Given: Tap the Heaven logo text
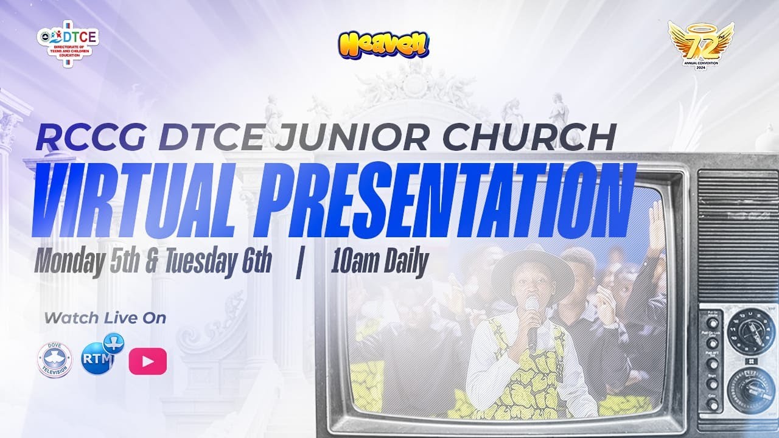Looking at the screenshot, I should (x=383, y=44).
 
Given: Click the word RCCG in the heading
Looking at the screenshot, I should (x=90, y=139).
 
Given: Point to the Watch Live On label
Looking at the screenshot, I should (x=105, y=317).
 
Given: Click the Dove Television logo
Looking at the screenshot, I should (x=54, y=360).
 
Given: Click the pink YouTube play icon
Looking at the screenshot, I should (x=147, y=362).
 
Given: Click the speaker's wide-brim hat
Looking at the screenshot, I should (x=531, y=268).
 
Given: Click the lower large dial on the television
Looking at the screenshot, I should (x=750, y=384).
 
